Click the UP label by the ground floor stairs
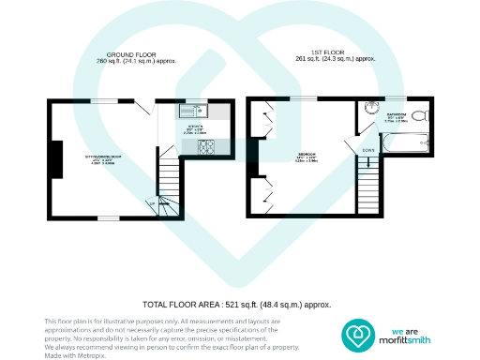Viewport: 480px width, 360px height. click(x=153, y=202)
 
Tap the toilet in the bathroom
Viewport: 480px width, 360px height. click(x=419, y=116)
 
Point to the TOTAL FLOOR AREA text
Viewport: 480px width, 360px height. click(x=236, y=305)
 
